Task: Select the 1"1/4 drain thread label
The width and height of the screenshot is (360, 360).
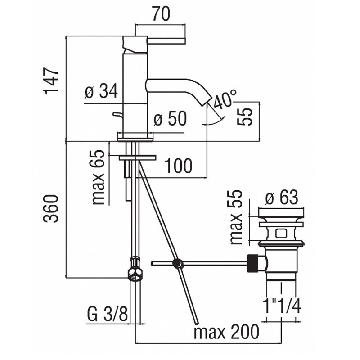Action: tap(282, 307)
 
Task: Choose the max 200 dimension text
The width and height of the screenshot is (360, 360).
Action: tap(226, 332)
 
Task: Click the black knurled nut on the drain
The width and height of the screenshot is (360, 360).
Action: tap(253, 263)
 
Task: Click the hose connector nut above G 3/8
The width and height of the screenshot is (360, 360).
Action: tap(135, 269)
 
